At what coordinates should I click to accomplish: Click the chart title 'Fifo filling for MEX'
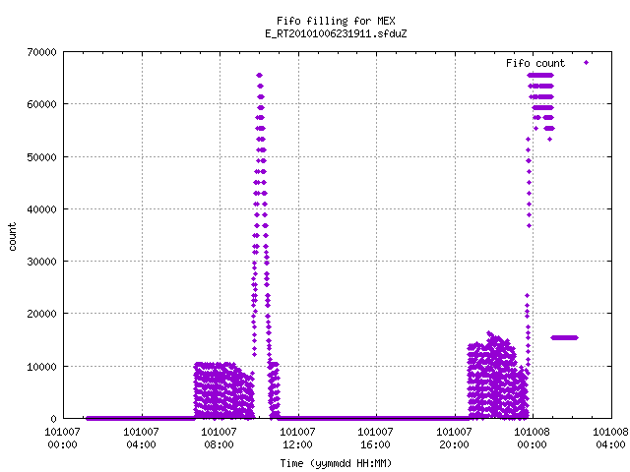click(336, 21)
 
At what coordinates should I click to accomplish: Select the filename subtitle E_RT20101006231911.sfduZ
click(336, 33)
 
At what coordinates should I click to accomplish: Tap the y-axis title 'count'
click(12, 237)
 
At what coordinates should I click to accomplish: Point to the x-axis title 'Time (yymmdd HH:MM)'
click(336, 463)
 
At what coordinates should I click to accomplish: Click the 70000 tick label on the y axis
click(41, 52)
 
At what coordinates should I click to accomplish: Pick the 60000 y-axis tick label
click(41, 104)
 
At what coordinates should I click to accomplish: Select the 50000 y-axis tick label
click(41, 157)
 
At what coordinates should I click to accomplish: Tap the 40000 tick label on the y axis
click(41, 209)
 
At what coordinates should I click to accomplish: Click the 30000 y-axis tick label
click(41, 262)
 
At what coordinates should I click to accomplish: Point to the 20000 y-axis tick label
click(41, 314)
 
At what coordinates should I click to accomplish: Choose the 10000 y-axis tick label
click(41, 367)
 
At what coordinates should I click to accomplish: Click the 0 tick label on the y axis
click(53, 419)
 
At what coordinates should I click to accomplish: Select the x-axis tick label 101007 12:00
click(297, 438)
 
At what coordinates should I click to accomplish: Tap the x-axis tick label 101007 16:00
click(375, 438)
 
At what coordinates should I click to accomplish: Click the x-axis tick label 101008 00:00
click(532, 438)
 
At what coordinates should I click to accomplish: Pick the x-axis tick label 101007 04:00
click(141, 438)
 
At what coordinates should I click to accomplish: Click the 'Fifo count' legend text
click(535, 63)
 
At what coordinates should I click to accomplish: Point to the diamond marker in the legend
click(587, 62)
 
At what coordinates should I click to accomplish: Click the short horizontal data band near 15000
click(564, 337)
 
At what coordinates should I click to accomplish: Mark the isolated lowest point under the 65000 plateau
click(549, 140)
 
